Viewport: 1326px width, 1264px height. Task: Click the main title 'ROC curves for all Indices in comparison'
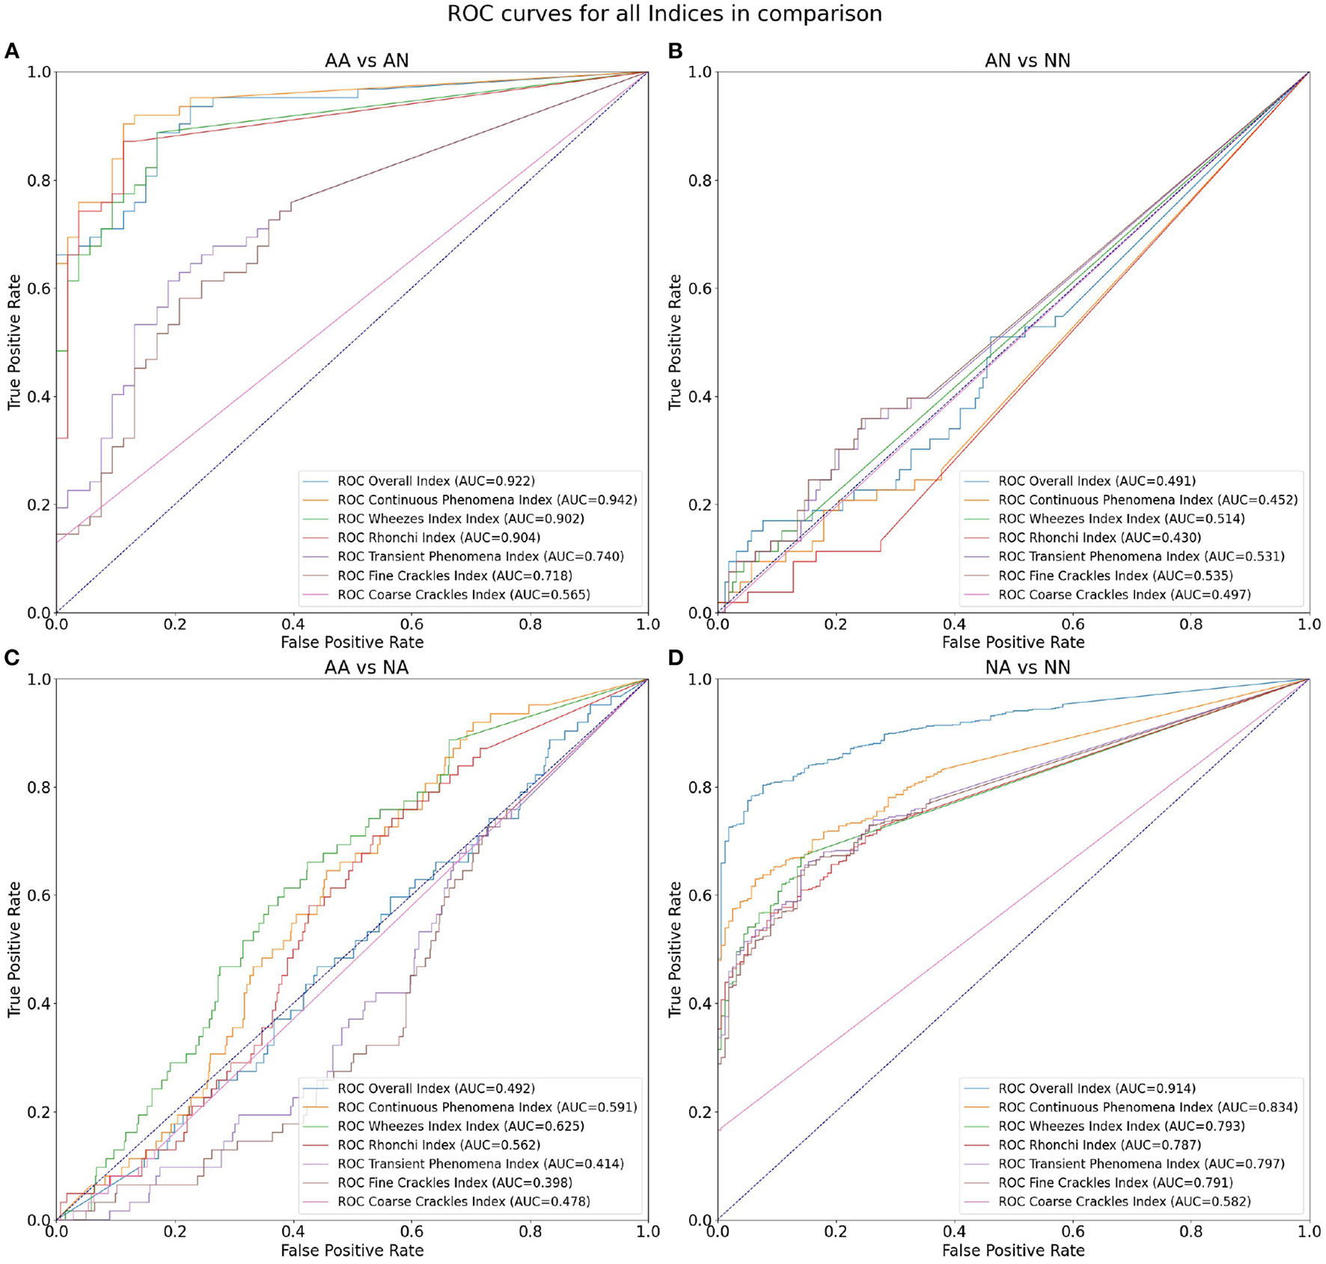pyautogui.click(x=664, y=14)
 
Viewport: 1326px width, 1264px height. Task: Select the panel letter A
pyautogui.click(x=11, y=51)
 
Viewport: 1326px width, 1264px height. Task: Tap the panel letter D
pyautogui.click(x=675, y=659)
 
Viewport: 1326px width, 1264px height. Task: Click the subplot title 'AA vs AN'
pyautogui.click(x=367, y=61)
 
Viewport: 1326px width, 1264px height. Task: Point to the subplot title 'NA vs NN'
pyautogui.click(x=1027, y=668)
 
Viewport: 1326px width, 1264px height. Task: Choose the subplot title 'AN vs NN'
pyautogui.click(x=1027, y=61)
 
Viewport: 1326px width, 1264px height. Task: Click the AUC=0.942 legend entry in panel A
pyautogui.click(x=486, y=500)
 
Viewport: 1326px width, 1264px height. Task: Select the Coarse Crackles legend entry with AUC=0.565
pyautogui.click(x=463, y=595)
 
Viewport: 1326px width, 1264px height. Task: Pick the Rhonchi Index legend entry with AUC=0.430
pyautogui.click(x=1099, y=538)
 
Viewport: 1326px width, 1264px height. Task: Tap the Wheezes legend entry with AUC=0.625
pyautogui.click(x=460, y=1126)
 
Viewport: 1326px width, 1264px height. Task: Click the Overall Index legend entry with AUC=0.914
pyautogui.click(x=1096, y=1089)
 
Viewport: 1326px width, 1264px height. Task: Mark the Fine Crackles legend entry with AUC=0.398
pyautogui.click(x=454, y=1183)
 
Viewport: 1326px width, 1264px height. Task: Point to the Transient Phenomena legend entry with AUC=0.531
pyautogui.click(x=1140, y=557)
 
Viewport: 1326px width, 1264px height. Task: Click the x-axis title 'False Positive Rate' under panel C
pyautogui.click(x=352, y=1251)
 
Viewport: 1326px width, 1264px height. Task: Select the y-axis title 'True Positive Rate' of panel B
pyautogui.click(x=675, y=342)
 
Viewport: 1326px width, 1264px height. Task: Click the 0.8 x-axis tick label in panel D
pyautogui.click(x=1191, y=1231)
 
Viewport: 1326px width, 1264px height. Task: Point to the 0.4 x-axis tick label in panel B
pyautogui.click(x=954, y=624)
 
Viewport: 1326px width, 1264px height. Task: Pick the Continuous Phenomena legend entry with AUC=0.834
pyautogui.click(x=1147, y=1108)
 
